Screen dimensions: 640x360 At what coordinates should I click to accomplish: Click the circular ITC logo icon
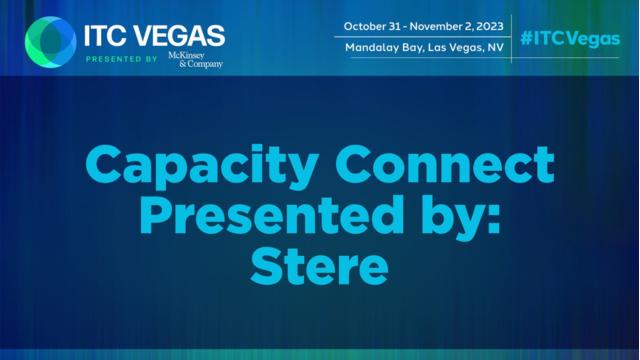51,42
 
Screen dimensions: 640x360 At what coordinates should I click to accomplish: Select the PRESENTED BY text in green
121,59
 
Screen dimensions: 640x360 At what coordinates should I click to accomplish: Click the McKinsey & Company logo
196,60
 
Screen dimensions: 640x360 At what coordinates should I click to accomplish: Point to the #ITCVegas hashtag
570,39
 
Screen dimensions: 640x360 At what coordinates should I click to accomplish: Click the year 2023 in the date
488,27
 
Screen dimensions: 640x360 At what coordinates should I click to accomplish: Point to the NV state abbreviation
496,48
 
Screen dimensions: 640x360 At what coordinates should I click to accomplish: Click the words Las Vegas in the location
455,48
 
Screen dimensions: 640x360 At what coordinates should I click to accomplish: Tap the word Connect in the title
445,164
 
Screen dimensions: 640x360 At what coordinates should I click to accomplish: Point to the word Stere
319,266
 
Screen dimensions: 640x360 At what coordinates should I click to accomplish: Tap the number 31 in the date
391,27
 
